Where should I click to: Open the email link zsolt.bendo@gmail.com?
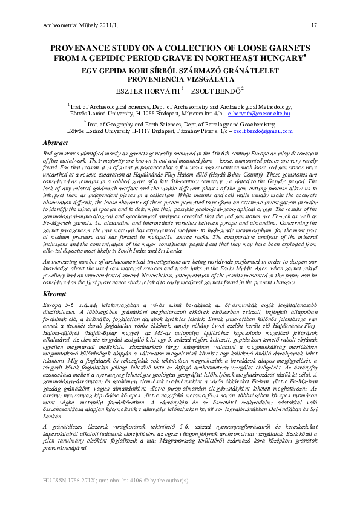[x=263, y=131]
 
